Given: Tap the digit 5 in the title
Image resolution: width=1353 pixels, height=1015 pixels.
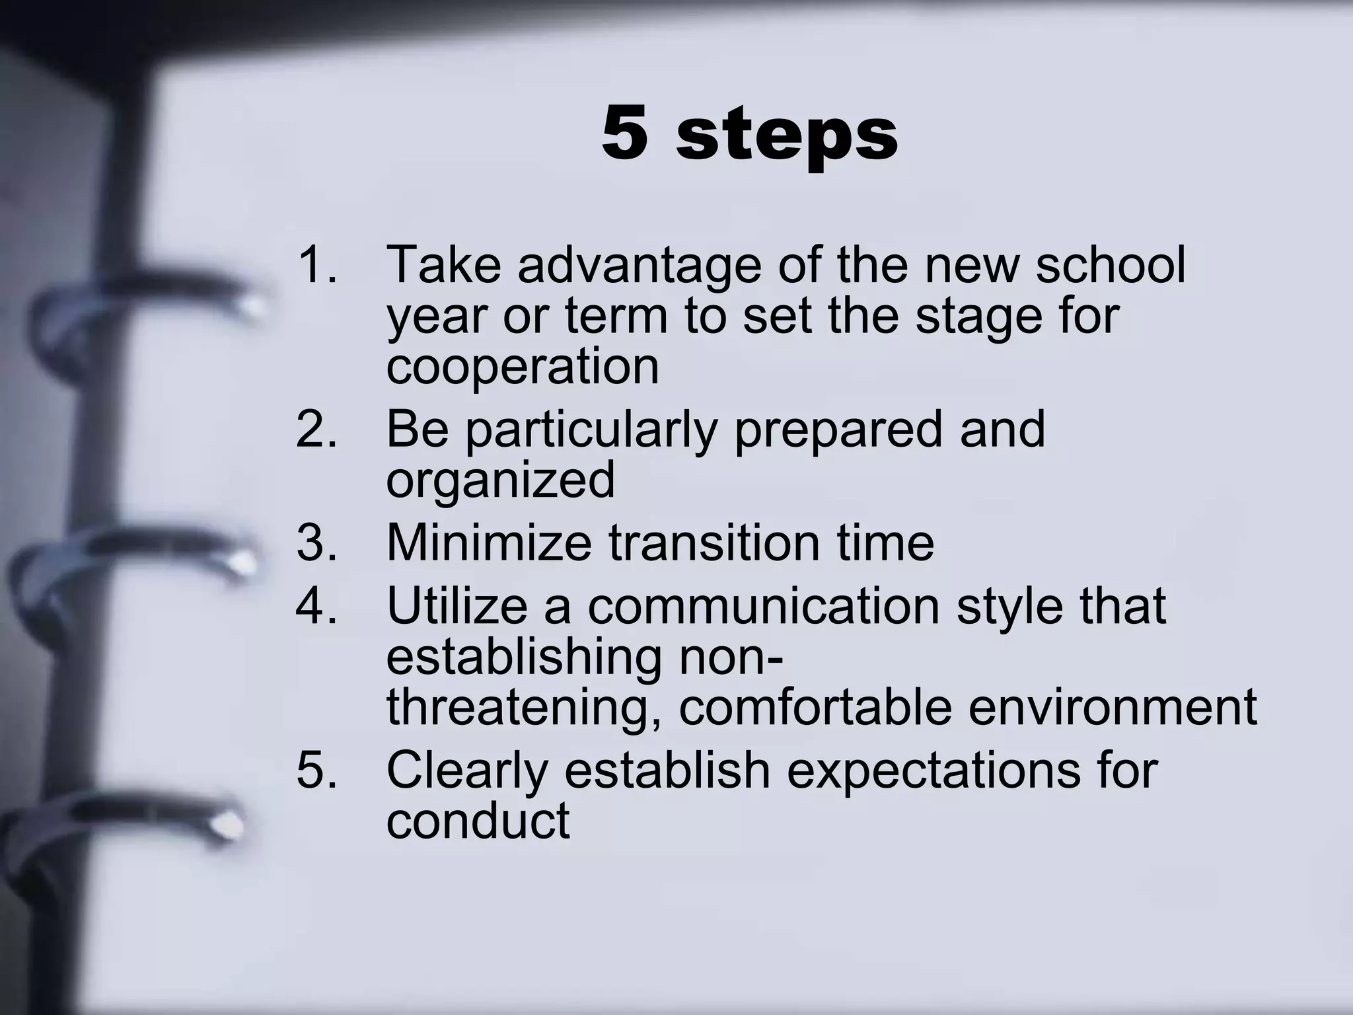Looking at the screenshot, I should [624, 134].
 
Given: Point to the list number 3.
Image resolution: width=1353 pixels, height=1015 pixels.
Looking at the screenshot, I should [316, 543].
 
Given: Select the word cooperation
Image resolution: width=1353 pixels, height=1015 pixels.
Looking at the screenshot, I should [523, 367].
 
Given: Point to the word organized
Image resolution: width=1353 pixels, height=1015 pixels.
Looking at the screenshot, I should [500, 480].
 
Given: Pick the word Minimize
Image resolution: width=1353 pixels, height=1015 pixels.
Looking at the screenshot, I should [489, 543].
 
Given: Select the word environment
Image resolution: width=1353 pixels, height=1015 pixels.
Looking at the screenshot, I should [1113, 708].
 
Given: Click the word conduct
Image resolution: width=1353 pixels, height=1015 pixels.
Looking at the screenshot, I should [478, 820].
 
